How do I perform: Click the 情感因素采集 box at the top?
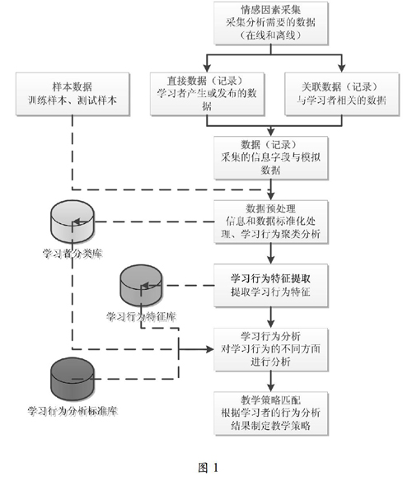pos(271,23)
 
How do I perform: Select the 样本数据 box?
pos(73,94)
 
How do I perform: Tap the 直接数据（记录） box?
pos(207,94)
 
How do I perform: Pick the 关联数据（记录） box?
pos(342,94)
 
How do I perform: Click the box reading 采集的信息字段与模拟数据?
pos(271,157)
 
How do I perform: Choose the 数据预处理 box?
pos(271,222)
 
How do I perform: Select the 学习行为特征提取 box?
pos(271,286)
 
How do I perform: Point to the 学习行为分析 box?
pos(271,349)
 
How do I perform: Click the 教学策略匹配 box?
pos(271,413)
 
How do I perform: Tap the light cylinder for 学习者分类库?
pos(73,222)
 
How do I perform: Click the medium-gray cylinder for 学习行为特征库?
pos(141,286)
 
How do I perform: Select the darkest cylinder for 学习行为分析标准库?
pos(73,379)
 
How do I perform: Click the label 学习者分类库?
pos(73,254)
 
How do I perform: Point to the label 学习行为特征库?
pos(141,316)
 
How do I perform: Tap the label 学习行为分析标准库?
pos(73,411)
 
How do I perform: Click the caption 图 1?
pos(208,468)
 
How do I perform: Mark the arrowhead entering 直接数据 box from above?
pos(207,68)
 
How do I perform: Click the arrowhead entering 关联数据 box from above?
pos(342,68)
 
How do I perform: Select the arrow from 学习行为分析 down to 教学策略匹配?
pos(271,381)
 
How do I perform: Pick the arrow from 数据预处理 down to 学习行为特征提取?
pos(271,254)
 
